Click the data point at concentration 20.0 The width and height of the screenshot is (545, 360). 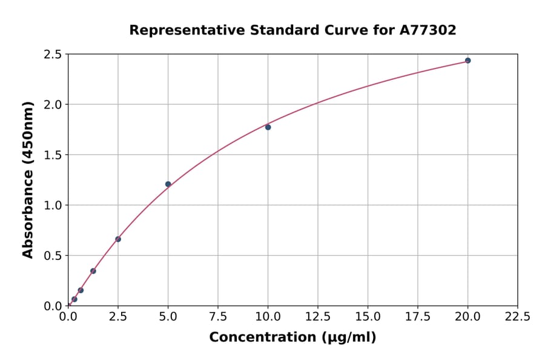tap(467, 61)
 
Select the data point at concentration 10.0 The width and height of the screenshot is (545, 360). tap(268, 127)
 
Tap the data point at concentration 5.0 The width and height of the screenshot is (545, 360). tap(168, 184)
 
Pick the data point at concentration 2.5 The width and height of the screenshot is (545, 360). tap(118, 239)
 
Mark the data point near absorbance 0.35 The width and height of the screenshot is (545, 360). tap(93, 271)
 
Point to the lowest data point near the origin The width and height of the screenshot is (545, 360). tap(74, 299)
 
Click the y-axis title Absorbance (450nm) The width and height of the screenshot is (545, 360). tap(28, 179)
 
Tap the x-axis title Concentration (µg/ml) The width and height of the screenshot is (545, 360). tap(292, 338)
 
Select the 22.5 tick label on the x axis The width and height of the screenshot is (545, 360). tap(517, 317)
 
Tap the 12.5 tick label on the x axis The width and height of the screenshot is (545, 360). tap(317, 317)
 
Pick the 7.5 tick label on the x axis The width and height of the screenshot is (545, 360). tap(218, 317)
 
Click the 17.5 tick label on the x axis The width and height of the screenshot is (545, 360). tap(417, 317)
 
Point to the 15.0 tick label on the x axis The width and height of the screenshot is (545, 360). tap(368, 317)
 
